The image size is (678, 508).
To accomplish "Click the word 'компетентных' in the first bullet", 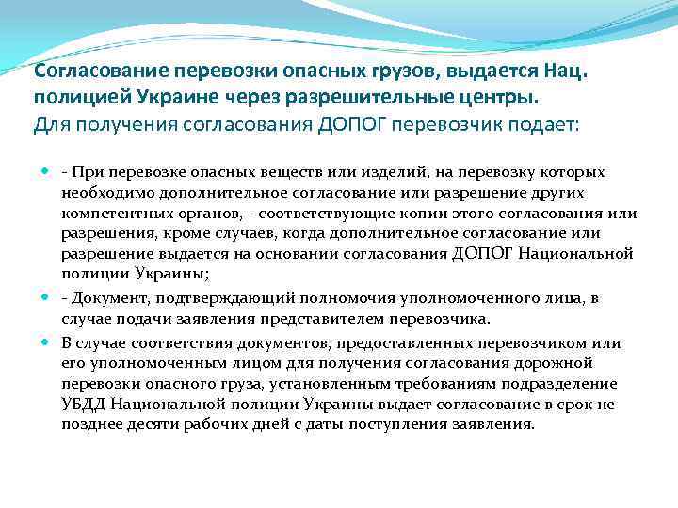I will (x=109, y=214).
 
